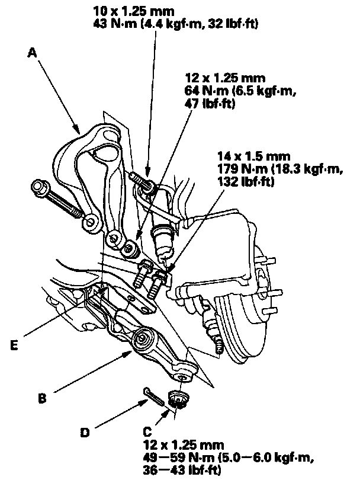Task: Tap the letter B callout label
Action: pos(42,398)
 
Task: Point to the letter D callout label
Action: pos(86,433)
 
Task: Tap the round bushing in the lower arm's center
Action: pos(143,341)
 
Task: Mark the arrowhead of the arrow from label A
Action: pos(79,129)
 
